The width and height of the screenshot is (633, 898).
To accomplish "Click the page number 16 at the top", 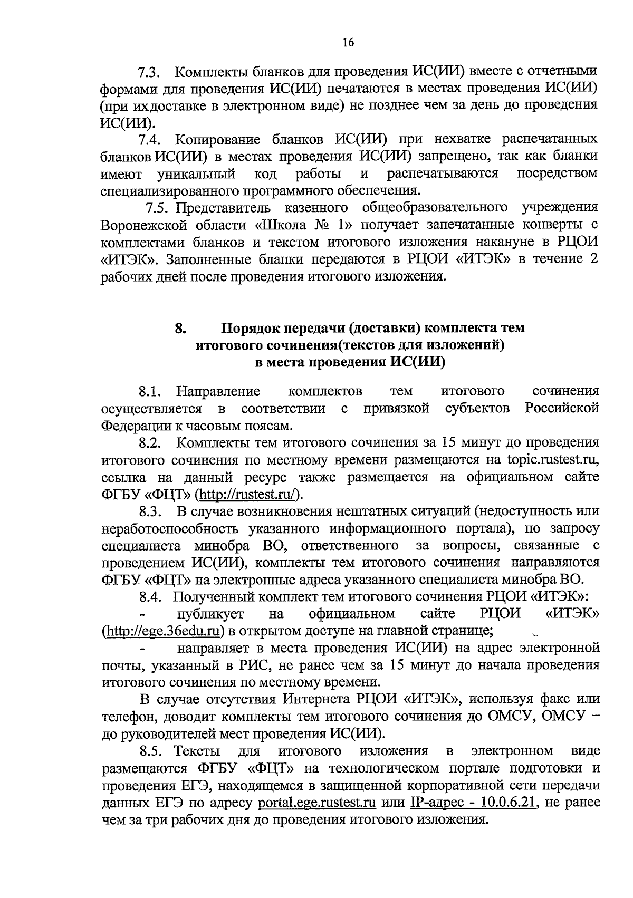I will tap(348, 43).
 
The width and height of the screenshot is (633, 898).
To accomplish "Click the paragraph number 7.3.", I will tap(149, 72).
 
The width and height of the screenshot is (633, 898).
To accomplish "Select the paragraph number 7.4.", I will tap(149, 140).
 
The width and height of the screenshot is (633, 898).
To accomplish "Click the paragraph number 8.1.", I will tap(150, 392).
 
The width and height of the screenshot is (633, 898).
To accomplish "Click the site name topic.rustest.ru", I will tap(552, 460).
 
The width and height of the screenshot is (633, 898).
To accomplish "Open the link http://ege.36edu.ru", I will tap(162, 631).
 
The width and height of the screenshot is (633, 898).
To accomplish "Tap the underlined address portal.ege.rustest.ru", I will tap(317, 803).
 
